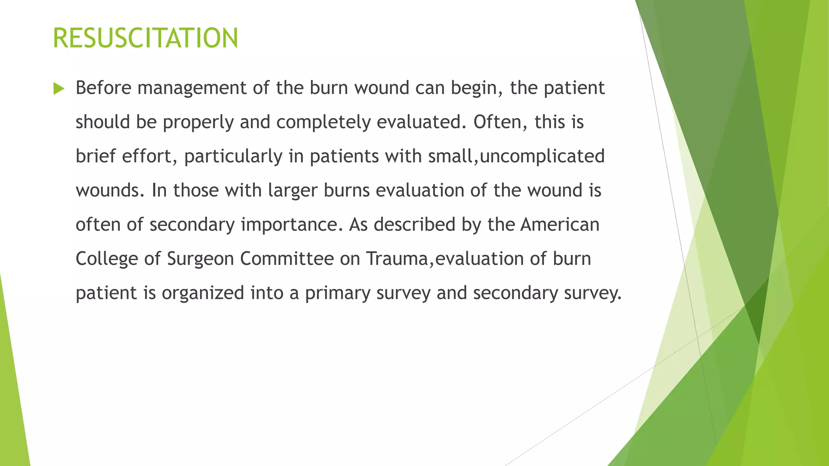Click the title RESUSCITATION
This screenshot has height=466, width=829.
click(145, 38)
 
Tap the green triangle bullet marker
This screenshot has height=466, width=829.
click(59, 89)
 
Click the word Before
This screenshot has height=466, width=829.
click(104, 88)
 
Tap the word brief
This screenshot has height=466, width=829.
click(96, 156)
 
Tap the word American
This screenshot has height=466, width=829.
click(560, 225)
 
